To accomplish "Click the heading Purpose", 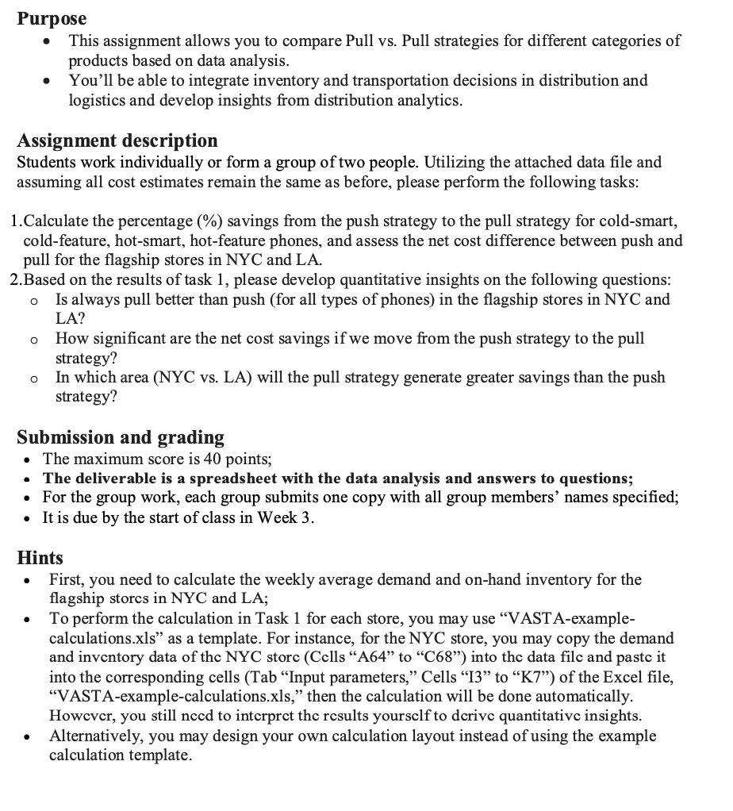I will point(52,17).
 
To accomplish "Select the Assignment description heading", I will point(117,140).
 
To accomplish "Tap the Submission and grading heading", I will point(121,437).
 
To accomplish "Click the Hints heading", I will point(40,558).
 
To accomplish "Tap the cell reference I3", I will point(470,677).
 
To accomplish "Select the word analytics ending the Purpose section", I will point(427,101).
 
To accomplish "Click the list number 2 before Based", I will point(15,279).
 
